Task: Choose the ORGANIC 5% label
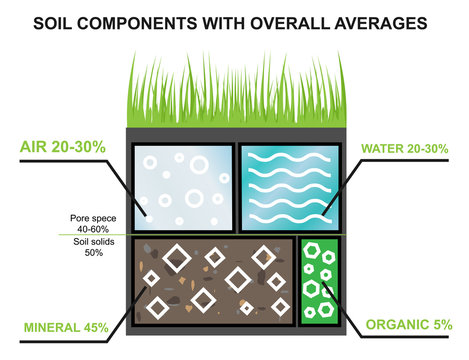(410, 325)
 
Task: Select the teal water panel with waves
(288, 186)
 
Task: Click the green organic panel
(320, 281)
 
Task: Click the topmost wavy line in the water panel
(288, 157)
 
